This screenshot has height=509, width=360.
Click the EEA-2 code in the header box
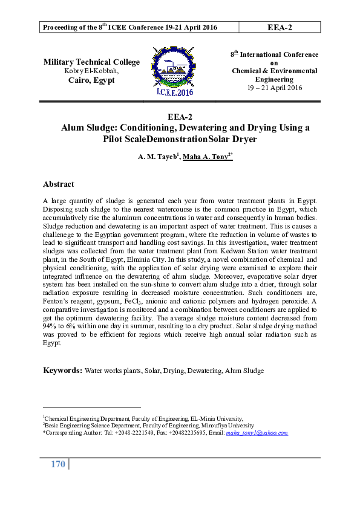[x=280, y=27]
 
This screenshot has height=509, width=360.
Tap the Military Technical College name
[x=91, y=62]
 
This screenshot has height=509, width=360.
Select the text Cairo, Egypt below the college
[x=91, y=80]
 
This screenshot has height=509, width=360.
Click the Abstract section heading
[x=58, y=184]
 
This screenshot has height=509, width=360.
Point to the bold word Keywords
[x=62, y=369]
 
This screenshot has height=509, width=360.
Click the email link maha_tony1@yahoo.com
[x=257, y=433]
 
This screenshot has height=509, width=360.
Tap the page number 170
[x=57, y=464]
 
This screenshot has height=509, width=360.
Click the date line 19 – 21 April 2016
[x=274, y=88]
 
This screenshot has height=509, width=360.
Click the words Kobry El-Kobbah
[x=91, y=71]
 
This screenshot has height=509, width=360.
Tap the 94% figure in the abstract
[x=50, y=326]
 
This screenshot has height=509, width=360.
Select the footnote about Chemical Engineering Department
[x=143, y=418]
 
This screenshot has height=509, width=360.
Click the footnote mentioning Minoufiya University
[x=148, y=426]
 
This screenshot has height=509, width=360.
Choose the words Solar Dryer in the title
[x=237, y=138]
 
